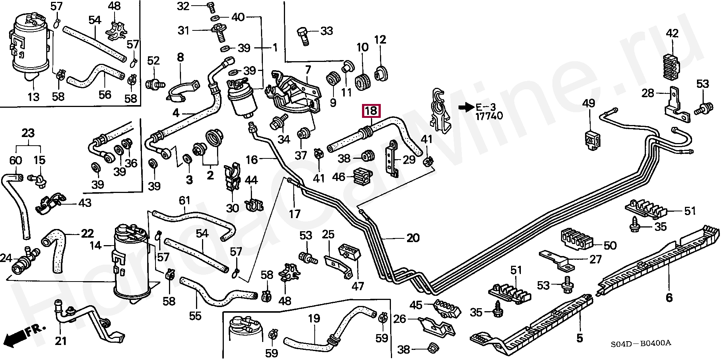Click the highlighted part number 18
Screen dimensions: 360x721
[371, 111]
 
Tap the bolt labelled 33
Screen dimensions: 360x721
[303, 36]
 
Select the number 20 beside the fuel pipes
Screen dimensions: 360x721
[413, 238]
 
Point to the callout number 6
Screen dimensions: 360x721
[669, 298]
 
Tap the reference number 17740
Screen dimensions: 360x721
[489, 116]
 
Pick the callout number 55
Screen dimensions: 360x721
[195, 316]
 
